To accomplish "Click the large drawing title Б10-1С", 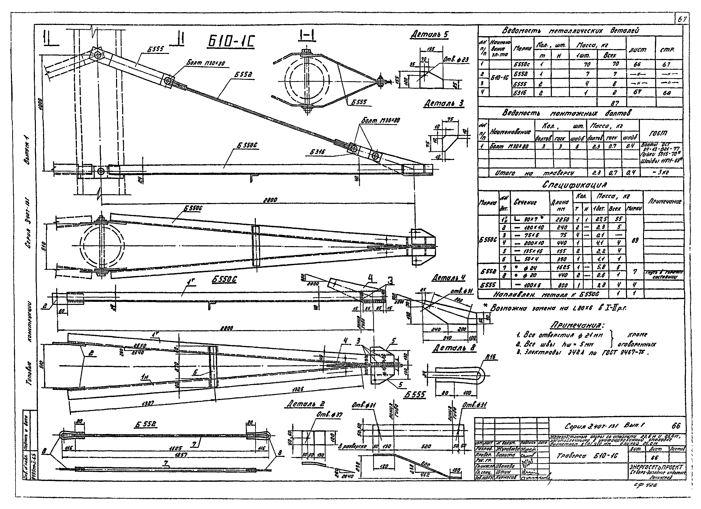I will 231,41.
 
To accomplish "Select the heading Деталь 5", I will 429,34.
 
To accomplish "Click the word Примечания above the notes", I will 577,326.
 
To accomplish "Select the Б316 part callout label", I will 317,152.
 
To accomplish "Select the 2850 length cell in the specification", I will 560,219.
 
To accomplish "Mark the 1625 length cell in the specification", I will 560,267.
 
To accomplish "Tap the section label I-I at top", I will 306,36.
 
